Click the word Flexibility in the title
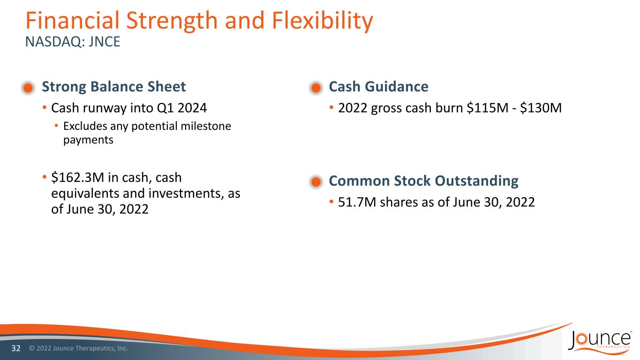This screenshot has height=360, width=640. [x=322, y=21]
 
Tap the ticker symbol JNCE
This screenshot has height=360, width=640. [x=104, y=42]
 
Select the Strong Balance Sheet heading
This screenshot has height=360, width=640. [x=114, y=87]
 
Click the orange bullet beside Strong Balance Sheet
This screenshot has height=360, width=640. [x=28, y=88]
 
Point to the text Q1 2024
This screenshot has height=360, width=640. [x=182, y=108]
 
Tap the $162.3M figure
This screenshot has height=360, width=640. [x=77, y=178]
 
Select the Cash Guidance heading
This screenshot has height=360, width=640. [x=378, y=87]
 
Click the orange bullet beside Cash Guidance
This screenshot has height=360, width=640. [x=316, y=88]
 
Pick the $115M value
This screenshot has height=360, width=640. [x=488, y=108]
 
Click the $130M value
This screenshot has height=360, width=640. [x=541, y=108]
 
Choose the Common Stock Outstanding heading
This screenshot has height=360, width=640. [x=424, y=181]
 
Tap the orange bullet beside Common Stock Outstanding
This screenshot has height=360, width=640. [x=316, y=182]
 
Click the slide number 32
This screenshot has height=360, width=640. [x=16, y=348]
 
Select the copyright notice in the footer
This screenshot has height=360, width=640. [x=79, y=348]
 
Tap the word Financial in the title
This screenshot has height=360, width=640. [x=73, y=21]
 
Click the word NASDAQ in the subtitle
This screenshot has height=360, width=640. [x=55, y=42]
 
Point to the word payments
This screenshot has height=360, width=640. [x=88, y=140]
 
